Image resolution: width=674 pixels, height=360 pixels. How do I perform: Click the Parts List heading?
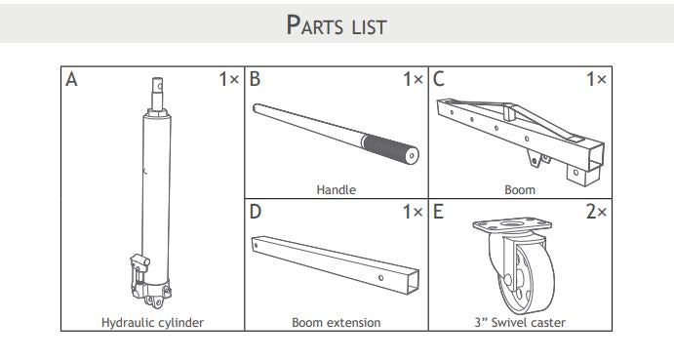(x=337, y=24)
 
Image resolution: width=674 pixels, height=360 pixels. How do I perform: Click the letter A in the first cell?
(x=71, y=80)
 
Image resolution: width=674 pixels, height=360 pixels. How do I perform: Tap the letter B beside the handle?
(x=256, y=80)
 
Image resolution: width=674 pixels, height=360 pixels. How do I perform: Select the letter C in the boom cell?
(x=439, y=80)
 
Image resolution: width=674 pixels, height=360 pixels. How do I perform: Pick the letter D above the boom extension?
(x=256, y=211)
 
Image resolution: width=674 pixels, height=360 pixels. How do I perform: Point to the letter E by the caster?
(x=439, y=211)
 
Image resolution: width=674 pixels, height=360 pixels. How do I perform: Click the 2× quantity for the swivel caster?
(x=596, y=211)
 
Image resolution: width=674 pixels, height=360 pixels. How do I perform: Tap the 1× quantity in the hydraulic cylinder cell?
(x=228, y=80)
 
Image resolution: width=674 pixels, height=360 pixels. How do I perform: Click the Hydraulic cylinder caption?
(x=152, y=322)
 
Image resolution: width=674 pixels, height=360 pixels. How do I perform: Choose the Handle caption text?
(x=336, y=190)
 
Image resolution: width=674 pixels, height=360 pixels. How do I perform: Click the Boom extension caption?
(x=336, y=322)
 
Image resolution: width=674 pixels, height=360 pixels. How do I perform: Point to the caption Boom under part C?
(x=520, y=190)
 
